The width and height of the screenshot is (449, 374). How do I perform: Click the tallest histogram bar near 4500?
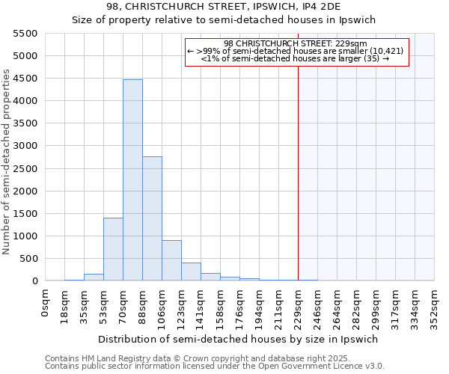(132, 180)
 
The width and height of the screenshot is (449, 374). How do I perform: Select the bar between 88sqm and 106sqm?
(152, 218)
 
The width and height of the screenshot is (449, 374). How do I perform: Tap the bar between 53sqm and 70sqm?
(113, 249)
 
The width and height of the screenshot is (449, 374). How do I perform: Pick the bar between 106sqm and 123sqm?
(171, 260)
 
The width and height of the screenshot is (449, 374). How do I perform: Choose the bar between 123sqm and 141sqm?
(191, 272)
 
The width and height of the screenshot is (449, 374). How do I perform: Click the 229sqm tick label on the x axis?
(298, 305)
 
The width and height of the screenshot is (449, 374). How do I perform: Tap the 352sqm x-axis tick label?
(434, 305)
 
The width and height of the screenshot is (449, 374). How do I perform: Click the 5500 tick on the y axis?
(25, 34)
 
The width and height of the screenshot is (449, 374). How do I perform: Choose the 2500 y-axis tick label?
(25, 168)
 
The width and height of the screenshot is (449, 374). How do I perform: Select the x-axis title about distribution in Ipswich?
(239, 339)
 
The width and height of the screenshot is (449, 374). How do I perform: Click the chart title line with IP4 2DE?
(224, 7)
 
